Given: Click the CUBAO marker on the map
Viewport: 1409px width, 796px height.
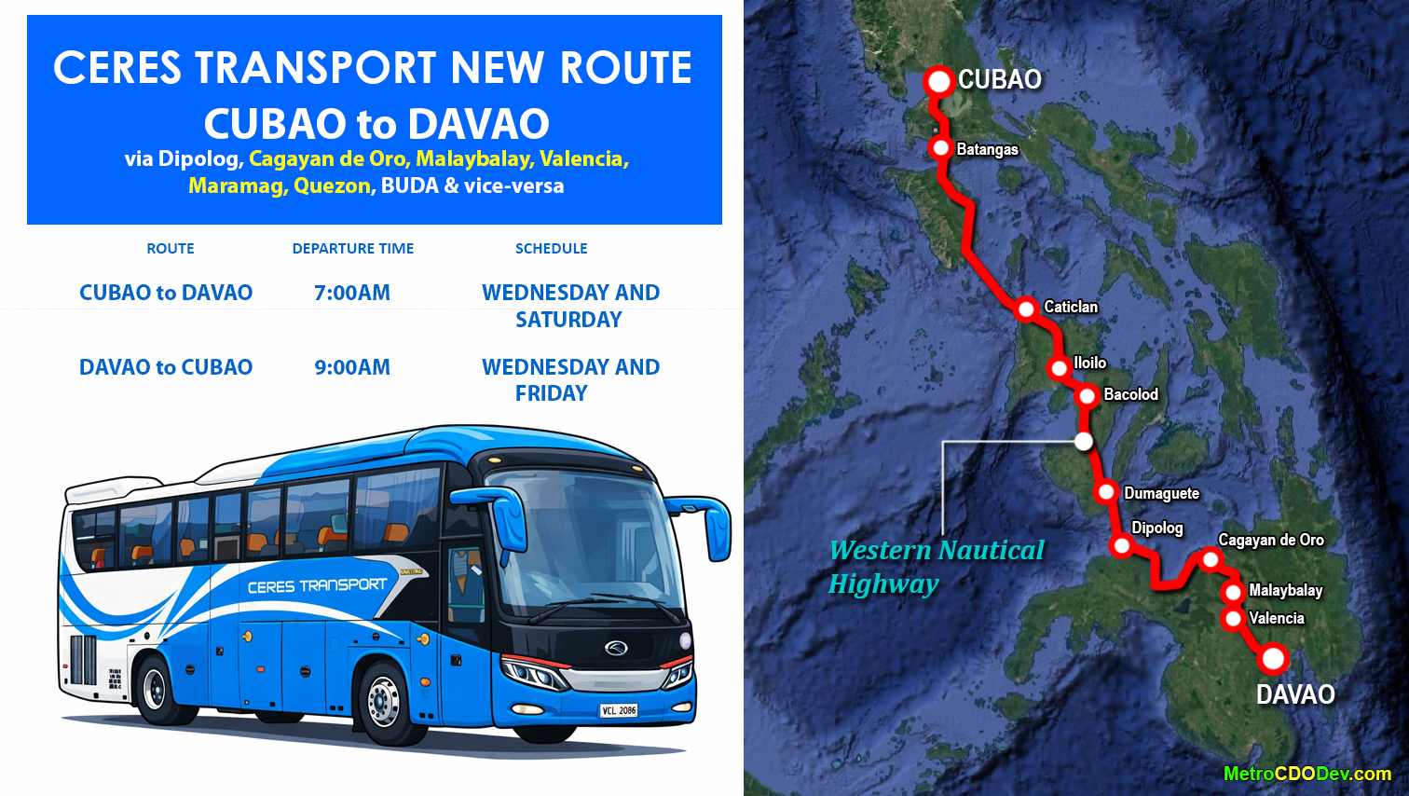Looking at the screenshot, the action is point(938,81).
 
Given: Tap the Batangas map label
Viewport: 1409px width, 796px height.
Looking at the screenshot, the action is point(987,149).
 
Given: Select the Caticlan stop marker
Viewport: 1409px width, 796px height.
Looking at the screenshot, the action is point(1026,309).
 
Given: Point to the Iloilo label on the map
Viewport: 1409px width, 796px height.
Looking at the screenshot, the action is point(1089,363).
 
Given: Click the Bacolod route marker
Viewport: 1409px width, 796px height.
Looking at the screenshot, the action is point(1087,396).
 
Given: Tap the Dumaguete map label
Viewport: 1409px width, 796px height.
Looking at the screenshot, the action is point(1161,493).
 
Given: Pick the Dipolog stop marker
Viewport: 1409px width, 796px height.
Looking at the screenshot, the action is point(1122,546).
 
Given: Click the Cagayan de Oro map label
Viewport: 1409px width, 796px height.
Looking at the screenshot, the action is point(1270,540).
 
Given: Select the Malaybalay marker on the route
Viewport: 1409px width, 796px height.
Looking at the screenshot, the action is point(1233,592).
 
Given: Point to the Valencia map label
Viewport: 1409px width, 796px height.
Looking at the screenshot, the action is point(1276,618).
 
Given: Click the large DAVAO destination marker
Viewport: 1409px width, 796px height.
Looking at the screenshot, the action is point(1272,659).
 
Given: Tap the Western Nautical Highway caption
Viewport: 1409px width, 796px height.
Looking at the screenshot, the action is point(936,567).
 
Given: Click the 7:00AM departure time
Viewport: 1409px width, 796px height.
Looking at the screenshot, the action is point(352,293).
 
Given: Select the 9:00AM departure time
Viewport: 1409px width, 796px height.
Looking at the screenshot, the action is point(352,367).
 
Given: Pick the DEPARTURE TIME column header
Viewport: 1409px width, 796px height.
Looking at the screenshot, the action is point(352,249).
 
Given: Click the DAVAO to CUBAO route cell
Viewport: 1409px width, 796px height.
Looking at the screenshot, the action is point(166,367).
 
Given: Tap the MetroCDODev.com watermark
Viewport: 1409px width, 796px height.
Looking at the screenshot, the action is point(1306,774).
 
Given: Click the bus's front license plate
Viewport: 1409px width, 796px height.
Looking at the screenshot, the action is point(618,710).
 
